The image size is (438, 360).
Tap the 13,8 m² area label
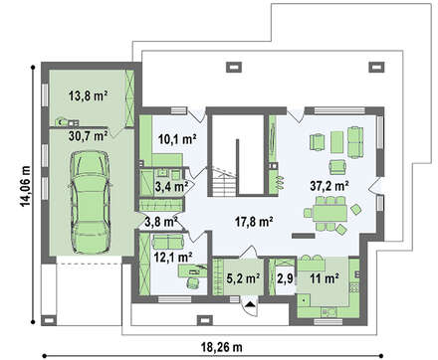click(x=88, y=96)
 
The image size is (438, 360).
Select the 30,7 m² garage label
click(x=88, y=136)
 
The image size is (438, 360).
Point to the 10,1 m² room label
click(x=177, y=139)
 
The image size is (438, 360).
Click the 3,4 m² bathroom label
click(x=171, y=187)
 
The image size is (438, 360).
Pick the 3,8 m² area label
click(x=161, y=221)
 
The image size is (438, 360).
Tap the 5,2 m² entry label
click(x=243, y=278)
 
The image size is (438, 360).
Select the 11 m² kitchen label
click(x=325, y=278)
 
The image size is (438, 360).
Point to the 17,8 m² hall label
click(x=254, y=221)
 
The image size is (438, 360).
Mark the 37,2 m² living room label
click(x=329, y=186)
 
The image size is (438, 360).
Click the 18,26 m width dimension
click(x=221, y=347)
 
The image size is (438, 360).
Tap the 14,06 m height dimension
click(x=26, y=185)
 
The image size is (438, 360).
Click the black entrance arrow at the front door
click(x=250, y=304)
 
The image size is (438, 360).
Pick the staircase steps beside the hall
click(x=224, y=182)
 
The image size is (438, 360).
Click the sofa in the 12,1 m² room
click(x=168, y=241)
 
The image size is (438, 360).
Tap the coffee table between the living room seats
click(x=337, y=142)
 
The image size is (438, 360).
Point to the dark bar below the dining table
click(x=303, y=236)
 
